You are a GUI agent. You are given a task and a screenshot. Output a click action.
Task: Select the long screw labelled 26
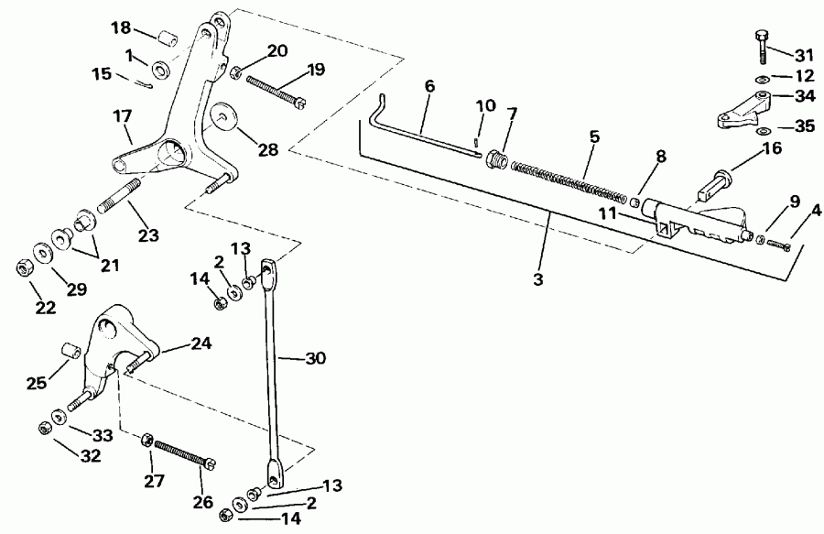click(x=182, y=450)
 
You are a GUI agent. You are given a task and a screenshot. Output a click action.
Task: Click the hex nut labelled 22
click(x=24, y=267)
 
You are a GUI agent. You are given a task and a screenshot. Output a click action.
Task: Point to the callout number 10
click(x=485, y=105)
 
